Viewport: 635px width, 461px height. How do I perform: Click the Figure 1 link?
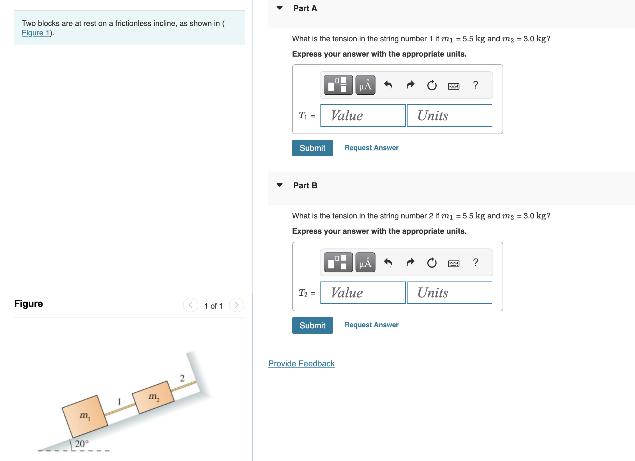(x=36, y=33)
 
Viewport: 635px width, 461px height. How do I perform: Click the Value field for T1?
(x=363, y=116)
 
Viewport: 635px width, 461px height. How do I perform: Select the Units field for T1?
(x=449, y=116)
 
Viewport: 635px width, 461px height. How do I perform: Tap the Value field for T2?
(x=363, y=293)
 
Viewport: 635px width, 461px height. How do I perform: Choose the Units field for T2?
(x=449, y=293)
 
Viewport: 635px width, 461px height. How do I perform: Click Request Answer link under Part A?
(x=371, y=148)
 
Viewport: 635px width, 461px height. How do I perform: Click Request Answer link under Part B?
(x=371, y=325)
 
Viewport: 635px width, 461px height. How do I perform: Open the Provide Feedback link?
(x=301, y=363)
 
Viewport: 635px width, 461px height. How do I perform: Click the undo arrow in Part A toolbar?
(x=388, y=85)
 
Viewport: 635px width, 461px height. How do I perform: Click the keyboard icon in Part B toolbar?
(x=453, y=263)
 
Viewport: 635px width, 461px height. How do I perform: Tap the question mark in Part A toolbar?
(x=475, y=85)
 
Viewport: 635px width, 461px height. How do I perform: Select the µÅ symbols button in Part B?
(x=365, y=262)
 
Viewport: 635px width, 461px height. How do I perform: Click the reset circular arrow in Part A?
(x=432, y=85)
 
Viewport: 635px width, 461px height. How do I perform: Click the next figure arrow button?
(x=237, y=305)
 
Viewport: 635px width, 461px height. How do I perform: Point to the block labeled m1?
(x=85, y=416)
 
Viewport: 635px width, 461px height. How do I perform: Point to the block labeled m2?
(x=153, y=397)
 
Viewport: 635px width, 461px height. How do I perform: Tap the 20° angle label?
(x=81, y=443)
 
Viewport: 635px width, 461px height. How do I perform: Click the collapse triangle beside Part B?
(x=280, y=185)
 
